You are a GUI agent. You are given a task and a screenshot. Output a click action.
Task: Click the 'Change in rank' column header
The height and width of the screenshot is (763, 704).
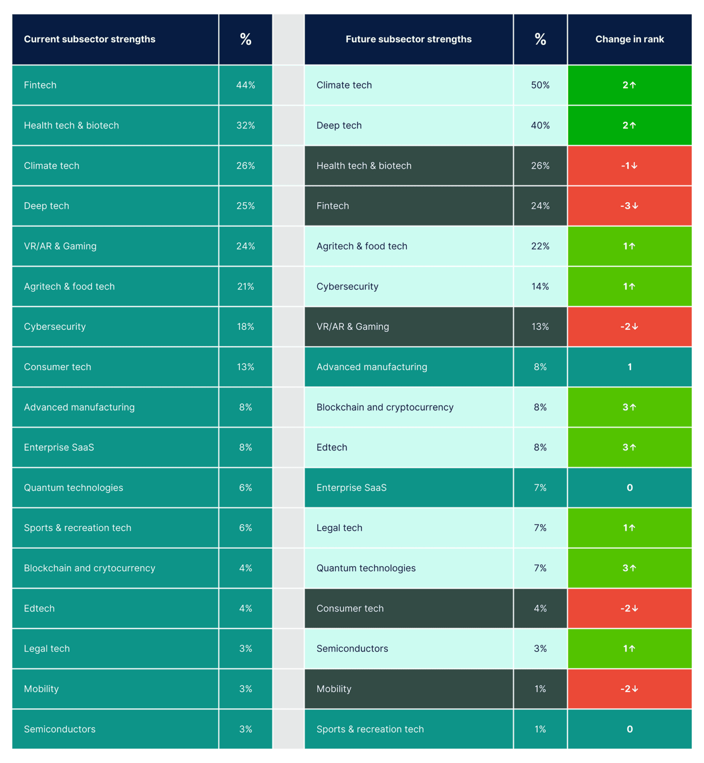[629, 39]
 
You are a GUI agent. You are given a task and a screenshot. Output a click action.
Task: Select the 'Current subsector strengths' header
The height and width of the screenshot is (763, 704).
[90, 39]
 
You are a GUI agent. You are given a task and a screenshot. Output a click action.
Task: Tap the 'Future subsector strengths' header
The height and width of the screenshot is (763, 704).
[408, 39]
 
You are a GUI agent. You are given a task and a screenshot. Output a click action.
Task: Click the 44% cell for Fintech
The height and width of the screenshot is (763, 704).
[245, 85]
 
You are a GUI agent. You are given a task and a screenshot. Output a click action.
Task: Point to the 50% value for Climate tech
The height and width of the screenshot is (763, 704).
[540, 85]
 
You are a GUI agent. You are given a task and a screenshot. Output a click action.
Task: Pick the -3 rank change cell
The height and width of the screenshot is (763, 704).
[629, 206]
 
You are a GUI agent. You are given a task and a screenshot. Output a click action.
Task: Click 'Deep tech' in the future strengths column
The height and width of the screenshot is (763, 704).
[339, 126]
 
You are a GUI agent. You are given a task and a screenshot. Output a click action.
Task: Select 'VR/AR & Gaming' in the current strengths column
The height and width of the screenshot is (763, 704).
[60, 246]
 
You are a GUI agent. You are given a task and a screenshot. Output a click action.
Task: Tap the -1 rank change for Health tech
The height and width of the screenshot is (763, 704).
[629, 166]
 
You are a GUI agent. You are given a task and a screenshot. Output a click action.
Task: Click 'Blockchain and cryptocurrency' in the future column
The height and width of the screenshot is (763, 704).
[385, 407]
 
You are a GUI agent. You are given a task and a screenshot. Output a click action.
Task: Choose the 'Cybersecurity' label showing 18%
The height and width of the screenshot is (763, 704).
[55, 327]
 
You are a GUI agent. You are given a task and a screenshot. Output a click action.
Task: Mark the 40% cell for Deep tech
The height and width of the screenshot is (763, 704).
[540, 126]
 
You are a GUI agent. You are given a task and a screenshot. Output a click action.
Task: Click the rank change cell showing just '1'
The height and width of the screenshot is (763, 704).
[629, 367]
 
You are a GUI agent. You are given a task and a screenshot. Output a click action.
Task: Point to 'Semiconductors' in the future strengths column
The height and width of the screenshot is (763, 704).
[352, 649]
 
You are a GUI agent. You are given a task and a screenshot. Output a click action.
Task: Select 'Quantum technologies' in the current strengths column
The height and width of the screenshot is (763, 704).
[73, 488]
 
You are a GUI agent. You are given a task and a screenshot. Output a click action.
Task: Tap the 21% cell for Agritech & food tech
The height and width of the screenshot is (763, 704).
[245, 286]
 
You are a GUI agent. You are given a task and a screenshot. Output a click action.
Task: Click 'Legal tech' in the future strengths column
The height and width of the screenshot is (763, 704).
[339, 528]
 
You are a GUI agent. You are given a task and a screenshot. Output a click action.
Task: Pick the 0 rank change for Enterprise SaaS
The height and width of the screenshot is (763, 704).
[629, 488]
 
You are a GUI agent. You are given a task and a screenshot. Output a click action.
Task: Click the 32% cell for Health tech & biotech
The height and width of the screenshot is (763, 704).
[245, 126]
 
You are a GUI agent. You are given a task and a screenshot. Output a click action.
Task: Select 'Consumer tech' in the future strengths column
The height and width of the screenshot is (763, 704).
[350, 608]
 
